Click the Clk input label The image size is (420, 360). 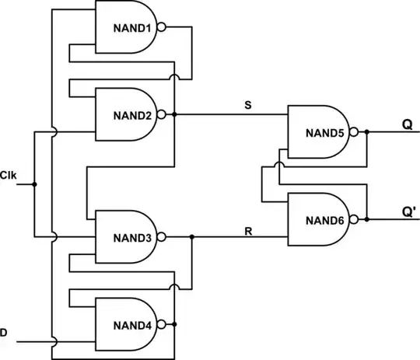[x=8, y=174]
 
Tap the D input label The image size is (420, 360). [x=4, y=333]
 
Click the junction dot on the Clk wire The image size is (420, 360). [x=35, y=184]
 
